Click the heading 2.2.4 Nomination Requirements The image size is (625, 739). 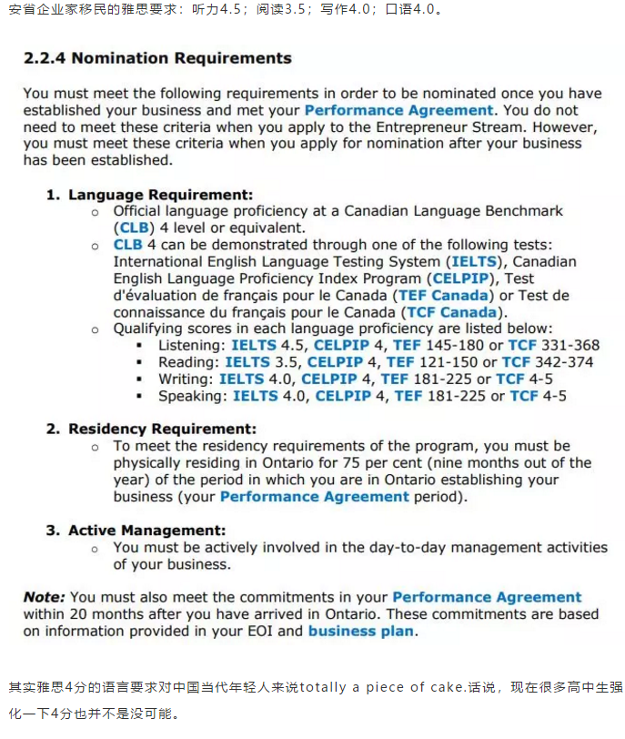(157, 58)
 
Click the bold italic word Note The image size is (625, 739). (43, 597)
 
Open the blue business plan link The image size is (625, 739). (361, 631)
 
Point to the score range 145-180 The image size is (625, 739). (443, 346)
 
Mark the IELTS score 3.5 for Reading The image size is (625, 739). (288, 362)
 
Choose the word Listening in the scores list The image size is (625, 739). (191, 346)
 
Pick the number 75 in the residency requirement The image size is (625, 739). (346, 462)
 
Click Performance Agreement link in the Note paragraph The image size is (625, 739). (487, 597)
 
